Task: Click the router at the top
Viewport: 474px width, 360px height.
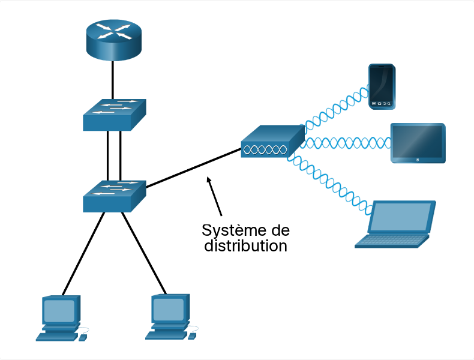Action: (x=113, y=40)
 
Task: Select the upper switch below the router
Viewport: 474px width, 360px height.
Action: (x=114, y=115)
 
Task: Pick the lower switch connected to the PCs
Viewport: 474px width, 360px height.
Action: (x=114, y=196)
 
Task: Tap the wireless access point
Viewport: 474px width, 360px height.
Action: (x=272, y=141)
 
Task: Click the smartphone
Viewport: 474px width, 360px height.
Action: (x=382, y=86)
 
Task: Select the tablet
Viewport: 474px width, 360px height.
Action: (x=418, y=143)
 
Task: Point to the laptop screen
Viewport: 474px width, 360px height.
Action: (x=401, y=217)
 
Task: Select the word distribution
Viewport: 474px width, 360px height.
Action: (x=245, y=245)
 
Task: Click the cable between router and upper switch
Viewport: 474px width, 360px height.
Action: (x=112, y=80)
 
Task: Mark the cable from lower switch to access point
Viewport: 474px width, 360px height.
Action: (x=193, y=168)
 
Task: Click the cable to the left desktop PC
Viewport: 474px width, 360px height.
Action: (x=83, y=254)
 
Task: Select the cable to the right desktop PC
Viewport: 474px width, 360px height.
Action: (x=144, y=253)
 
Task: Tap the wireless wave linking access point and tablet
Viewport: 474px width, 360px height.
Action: (x=347, y=143)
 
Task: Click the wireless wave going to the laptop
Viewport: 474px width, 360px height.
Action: (x=329, y=184)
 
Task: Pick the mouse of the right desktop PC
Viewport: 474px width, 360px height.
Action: (x=192, y=336)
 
